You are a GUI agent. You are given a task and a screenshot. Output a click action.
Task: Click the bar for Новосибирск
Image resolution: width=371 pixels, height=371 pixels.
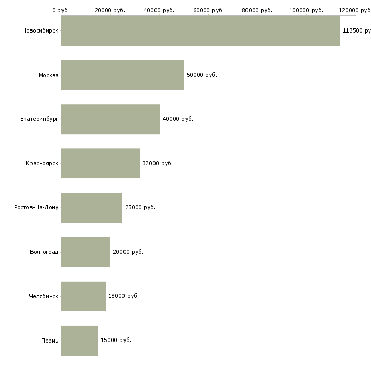(200, 30)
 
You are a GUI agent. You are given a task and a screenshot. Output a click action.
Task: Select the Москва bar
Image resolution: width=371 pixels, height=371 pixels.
(122, 75)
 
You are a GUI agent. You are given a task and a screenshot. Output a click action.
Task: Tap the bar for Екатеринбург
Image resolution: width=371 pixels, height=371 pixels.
(110, 119)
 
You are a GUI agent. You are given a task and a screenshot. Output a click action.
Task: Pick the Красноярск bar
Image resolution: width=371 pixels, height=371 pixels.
(100, 163)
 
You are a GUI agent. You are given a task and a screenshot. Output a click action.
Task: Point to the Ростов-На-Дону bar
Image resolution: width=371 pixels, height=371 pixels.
(91, 207)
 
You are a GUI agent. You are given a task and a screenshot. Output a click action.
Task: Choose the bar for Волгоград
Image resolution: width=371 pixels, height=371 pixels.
(85, 252)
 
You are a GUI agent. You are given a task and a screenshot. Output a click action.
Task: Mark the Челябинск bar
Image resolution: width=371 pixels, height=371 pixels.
(83, 296)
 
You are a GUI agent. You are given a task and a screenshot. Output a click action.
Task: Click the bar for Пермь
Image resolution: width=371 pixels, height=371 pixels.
(79, 340)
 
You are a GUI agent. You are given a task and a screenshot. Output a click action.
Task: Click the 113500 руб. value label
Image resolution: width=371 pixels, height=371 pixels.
(356, 30)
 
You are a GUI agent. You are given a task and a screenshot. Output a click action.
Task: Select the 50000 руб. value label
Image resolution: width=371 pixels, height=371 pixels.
(202, 75)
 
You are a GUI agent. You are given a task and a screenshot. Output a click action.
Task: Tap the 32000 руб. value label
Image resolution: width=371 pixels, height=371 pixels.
(158, 163)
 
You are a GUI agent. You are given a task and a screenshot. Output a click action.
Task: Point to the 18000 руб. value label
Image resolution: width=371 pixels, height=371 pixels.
(123, 296)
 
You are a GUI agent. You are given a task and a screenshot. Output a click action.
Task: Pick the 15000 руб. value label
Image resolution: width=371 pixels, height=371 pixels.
(116, 340)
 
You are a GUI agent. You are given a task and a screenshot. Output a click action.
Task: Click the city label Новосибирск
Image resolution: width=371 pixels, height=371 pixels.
(40, 30)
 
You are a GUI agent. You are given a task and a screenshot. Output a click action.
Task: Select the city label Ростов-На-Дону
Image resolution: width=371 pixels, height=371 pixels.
(37, 207)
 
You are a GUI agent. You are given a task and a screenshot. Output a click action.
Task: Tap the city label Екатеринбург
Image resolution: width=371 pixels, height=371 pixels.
(39, 119)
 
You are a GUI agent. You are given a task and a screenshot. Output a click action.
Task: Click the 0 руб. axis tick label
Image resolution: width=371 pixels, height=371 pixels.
(61, 10)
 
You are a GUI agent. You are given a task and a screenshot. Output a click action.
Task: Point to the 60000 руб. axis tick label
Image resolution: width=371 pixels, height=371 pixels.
(208, 10)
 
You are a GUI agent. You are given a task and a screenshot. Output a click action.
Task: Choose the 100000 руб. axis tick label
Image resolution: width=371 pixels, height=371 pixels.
(306, 10)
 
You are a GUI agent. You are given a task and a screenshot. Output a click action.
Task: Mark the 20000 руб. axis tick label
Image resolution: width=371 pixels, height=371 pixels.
(110, 10)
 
